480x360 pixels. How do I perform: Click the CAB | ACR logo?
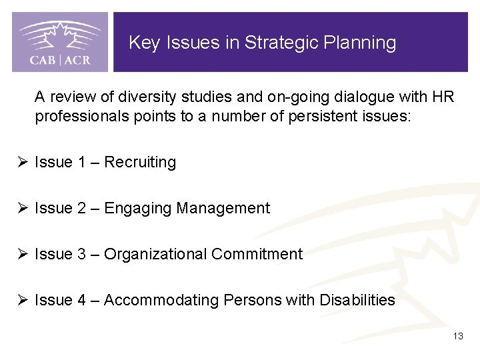click(x=60, y=42)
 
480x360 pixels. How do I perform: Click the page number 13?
click(x=457, y=336)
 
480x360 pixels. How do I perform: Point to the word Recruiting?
click(x=140, y=163)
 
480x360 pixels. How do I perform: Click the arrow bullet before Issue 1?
click(x=23, y=163)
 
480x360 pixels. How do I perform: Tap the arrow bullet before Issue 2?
click(x=23, y=209)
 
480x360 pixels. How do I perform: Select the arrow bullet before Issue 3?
click(x=23, y=255)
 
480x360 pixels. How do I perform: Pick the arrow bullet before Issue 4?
click(x=23, y=301)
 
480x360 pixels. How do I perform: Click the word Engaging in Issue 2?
click(x=138, y=209)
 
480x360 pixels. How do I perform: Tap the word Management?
click(x=223, y=209)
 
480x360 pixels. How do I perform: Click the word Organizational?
click(x=155, y=255)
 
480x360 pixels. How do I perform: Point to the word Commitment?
click(x=257, y=255)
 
